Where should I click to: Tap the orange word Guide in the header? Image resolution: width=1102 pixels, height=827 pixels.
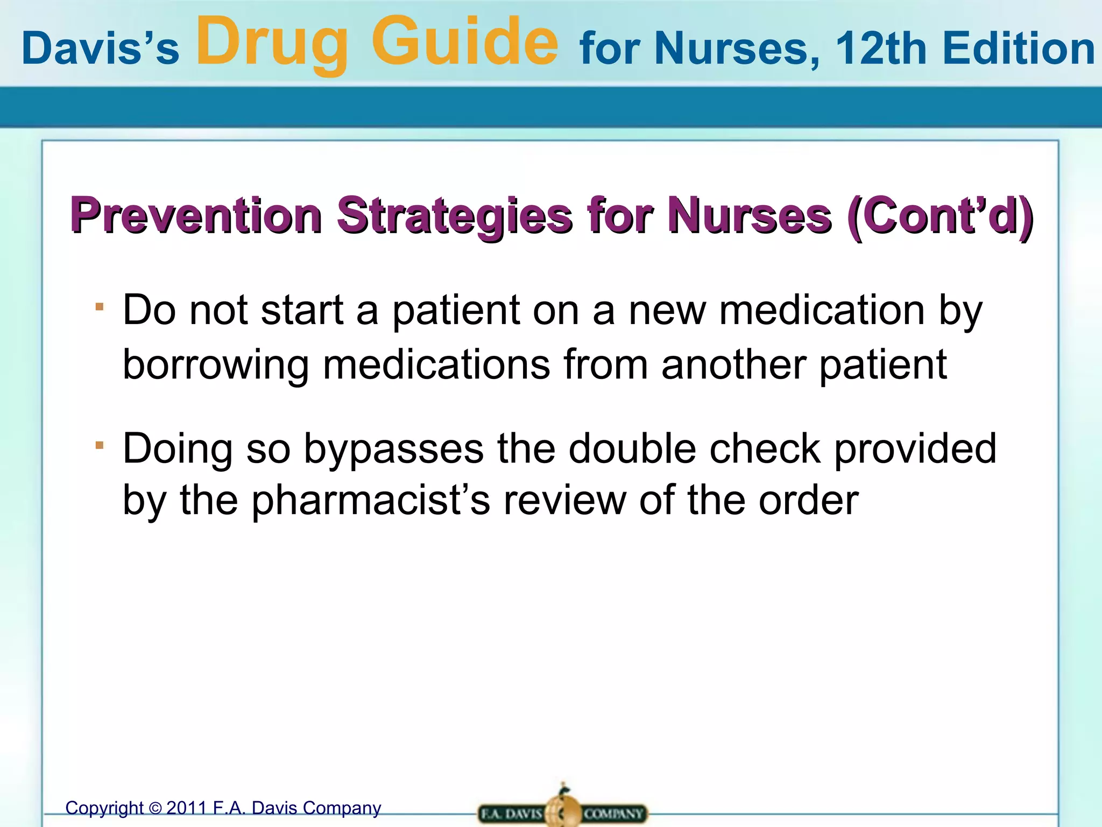coord(465,42)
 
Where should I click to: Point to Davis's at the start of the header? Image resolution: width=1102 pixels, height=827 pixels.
coord(100,48)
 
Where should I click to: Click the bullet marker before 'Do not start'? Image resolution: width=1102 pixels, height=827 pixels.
coord(99,307)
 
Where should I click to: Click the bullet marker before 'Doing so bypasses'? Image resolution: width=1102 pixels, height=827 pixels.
coord(99,445)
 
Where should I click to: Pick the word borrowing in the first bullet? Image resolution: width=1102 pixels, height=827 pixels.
coord(215,365)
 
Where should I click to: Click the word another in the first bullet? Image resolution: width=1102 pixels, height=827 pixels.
coord(733,365)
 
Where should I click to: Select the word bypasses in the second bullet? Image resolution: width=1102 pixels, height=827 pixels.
coord(393,448)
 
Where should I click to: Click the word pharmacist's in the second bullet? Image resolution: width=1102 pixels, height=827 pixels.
coord(371,501)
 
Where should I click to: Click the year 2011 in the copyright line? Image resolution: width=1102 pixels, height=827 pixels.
coord(186,808)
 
